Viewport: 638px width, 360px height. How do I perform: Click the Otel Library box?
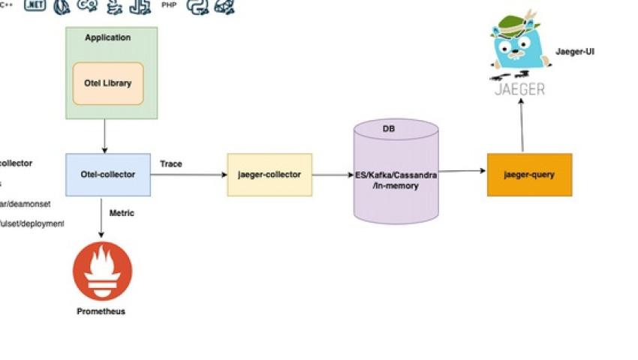[108, 83]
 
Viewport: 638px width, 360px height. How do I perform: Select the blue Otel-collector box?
[108, 175]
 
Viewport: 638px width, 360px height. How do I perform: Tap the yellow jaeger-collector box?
[269, 175]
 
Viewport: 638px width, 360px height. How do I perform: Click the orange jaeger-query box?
[529, 175]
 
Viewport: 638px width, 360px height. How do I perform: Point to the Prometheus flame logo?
[102, 271]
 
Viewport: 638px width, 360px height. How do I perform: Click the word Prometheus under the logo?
[101, 311]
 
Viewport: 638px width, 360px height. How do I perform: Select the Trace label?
[171, 163]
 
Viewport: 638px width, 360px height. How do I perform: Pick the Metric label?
[122, 213]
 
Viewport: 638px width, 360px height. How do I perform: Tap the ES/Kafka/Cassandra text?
[396, 175]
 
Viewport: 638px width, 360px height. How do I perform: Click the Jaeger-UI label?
[575, 52]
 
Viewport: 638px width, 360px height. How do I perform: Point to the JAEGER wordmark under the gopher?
[519, 89]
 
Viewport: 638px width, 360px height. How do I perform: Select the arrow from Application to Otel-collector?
[104, 136]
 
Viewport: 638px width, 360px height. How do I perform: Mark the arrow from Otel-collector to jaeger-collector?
[188, 175]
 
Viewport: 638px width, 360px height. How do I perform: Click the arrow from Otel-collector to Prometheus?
[101, 217]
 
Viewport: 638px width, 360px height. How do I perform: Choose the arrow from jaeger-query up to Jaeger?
[521, 127]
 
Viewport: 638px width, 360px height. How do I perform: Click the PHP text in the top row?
[169, 4]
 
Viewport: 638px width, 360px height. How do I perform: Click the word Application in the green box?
[108, 37]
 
